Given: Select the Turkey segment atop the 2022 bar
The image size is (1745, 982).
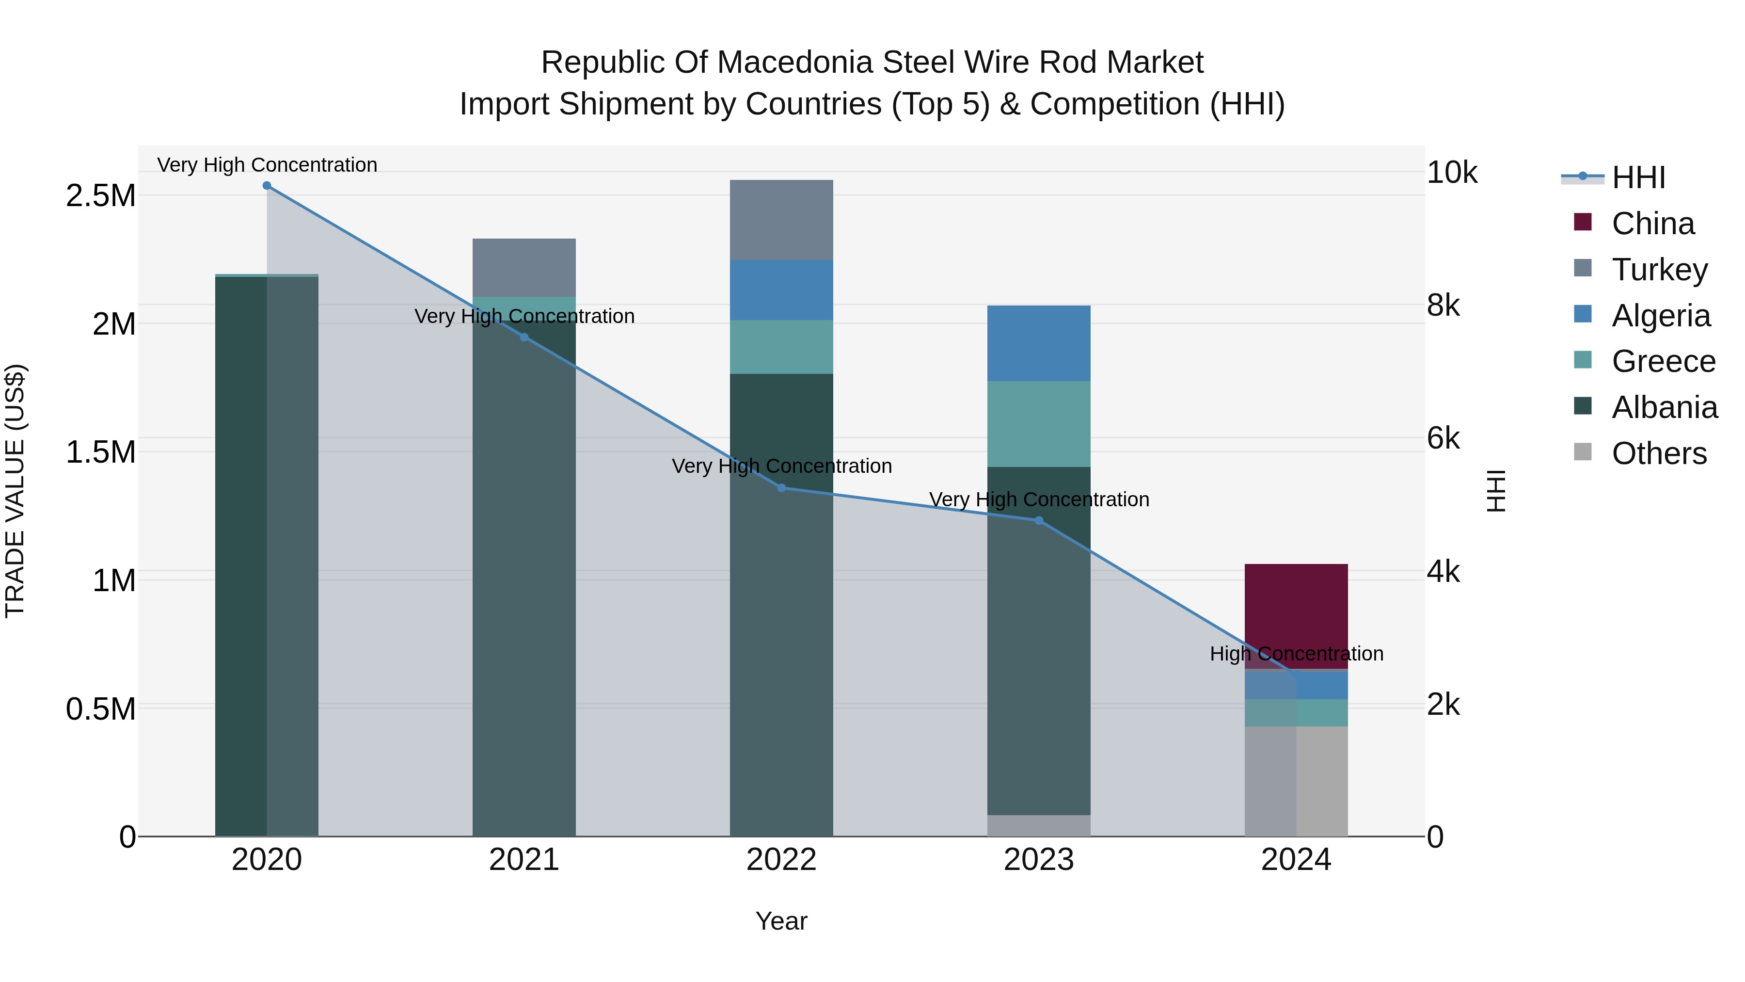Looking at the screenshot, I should click(x=781, y=220).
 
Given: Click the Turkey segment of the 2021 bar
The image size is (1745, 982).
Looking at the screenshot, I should click(x=523, y=267).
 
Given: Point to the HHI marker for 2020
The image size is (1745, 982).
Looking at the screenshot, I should click(x=267, y=186).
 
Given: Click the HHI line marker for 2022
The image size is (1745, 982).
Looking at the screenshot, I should click(x=781, y=488).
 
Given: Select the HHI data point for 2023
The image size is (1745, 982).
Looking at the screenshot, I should click(x=1038, y=520).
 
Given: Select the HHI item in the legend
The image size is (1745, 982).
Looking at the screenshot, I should click(x=1637, y=177).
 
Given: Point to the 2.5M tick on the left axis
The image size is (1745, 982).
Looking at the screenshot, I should click(x=100, y=196).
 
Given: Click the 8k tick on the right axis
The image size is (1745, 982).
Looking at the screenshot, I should click(x=1443, y=306).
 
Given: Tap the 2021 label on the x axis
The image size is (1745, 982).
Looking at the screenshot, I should click(x=523, y=860).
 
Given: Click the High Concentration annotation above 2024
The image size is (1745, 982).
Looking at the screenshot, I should click(x=1296, y=654).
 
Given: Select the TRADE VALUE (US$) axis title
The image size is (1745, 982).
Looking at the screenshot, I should click(x=15, y=491).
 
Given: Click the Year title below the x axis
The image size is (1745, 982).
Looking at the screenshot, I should click(x=781, y=921).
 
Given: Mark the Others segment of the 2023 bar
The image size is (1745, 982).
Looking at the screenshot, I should click(x=1038, y=825).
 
